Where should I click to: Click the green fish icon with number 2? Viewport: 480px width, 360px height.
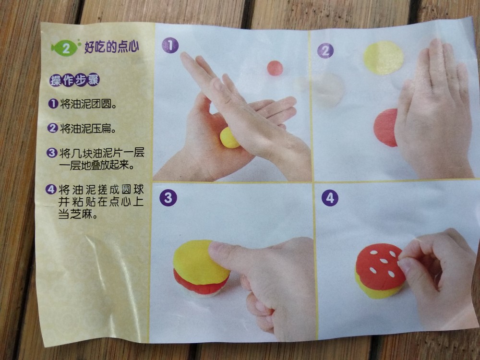coord(65,48)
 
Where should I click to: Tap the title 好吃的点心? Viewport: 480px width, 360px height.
coord(112,47)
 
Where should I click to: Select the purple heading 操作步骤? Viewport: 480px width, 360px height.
coord(74,80)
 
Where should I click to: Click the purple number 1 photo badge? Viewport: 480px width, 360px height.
coord(170,45)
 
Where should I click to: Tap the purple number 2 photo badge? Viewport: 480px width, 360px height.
coord(325,50)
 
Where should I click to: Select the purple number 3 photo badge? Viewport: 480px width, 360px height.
coord(168,197)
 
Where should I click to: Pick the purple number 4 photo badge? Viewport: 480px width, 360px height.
coord(330,198)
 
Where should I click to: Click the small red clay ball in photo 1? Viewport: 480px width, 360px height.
coord(275,68)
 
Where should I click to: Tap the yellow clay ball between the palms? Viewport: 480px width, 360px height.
coord(228,138)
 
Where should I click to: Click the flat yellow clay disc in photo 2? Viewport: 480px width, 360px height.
coord(383,58)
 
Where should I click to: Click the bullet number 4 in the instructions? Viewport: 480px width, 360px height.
coord(51,190)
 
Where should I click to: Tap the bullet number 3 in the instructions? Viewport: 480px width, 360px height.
coord(52,153)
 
